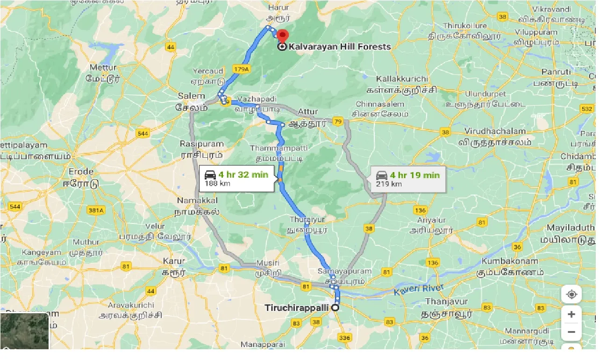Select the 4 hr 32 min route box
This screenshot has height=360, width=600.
click(x=236, y=179)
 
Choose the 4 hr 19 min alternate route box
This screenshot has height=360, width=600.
click(x=408, y=179)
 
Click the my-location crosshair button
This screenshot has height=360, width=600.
click(x=571, y=295)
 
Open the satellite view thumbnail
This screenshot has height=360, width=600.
click(x=24, y=331)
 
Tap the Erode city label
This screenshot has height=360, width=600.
click(x=81, y=172)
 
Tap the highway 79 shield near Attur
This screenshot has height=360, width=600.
click(x=338, y=122)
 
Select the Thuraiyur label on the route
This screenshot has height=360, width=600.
click(x=307, y=219)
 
